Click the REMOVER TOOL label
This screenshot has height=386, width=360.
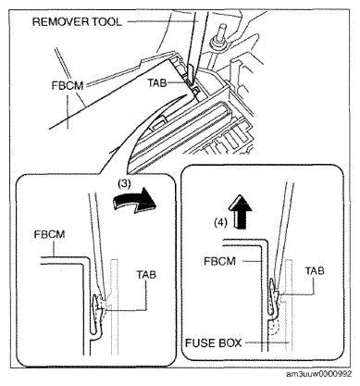[77, 22]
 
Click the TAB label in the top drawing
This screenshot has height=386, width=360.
[157, 83]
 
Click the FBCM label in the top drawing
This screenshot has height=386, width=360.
[68, 85]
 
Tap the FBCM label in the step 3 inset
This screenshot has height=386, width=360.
[50, 234]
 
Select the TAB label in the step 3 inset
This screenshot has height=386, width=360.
[146, 274]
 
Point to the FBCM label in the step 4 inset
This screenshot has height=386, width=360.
[219, 261]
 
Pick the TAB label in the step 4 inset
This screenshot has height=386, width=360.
[315, 270]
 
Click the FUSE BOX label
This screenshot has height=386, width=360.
[213, 342]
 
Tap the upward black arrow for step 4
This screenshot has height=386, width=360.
[241, 211]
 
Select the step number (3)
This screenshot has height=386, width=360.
[124, 183]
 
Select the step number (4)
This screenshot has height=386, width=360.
[221, 222]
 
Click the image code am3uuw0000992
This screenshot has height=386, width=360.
[318, 374]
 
